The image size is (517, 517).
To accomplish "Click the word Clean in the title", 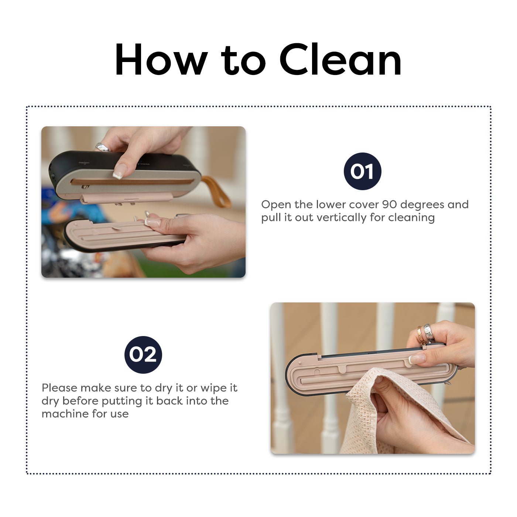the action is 340,59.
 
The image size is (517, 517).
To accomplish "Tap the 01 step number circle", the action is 362,171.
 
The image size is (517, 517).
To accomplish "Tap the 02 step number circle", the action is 143,355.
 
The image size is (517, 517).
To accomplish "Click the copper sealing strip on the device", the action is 131,181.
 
